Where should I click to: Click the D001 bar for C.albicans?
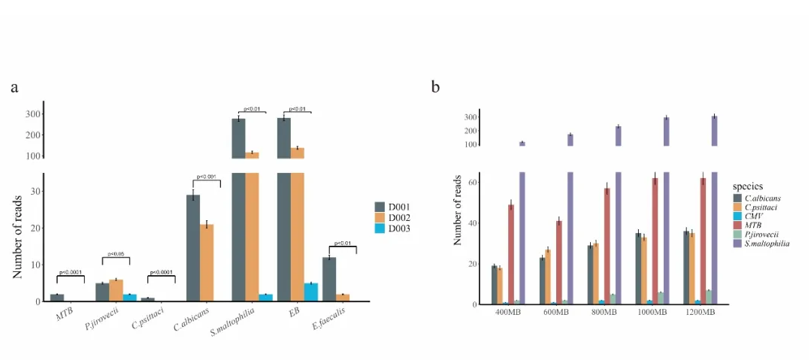tap(193, 248)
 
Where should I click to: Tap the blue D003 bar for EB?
tap(311, 292)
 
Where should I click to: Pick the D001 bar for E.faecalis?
tap(328, 279)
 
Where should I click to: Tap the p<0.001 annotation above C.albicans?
tap(207, 177)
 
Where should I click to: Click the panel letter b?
tap(435, 87)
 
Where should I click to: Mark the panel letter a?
tap(14, 87)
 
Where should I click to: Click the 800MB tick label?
tap(608, 312)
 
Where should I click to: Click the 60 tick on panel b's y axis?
tap(474, 182)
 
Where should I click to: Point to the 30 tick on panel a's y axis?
tap(35, 191)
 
